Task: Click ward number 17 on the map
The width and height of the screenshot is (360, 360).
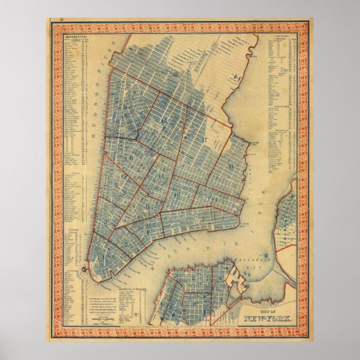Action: (204, 139)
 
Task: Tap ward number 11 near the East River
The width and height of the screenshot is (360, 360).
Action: (233, 166)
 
